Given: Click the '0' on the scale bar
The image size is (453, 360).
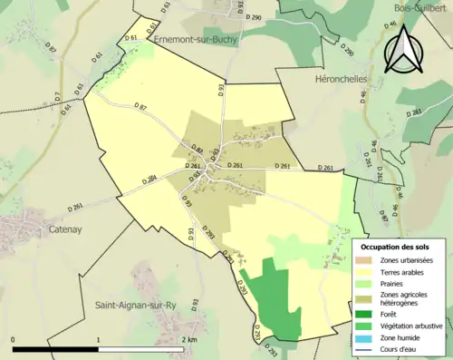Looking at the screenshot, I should pyautogui.click(x=14, y=339).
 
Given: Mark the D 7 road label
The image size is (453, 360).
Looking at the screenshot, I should pyautogui.click(x=56, y=96).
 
